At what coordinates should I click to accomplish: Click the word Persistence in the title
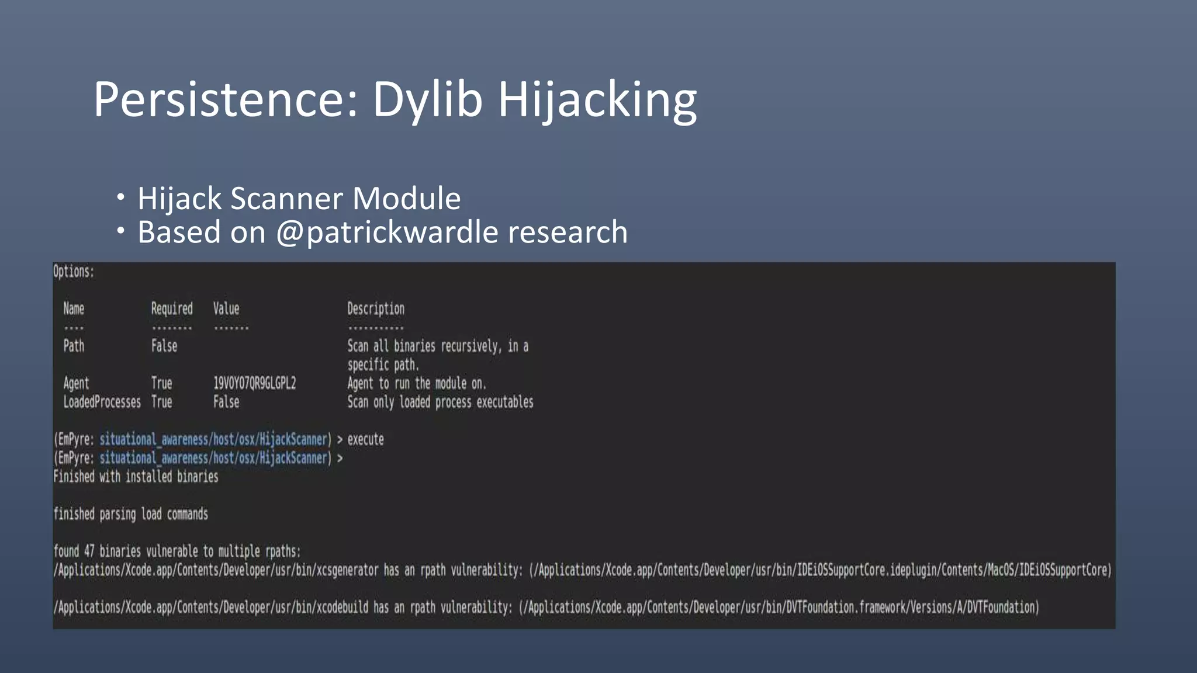[x=226, y=99]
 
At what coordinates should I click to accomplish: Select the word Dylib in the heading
[x=428, y=99]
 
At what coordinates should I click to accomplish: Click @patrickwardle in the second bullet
[x=386, y=233]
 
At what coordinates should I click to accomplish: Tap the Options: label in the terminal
[x=74, y=272]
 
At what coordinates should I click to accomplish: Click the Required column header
[x=172, y=308]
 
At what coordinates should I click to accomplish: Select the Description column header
[x=376, y=308]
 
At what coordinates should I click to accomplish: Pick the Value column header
[x=226, y=308]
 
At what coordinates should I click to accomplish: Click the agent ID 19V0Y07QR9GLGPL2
[x=254, y=383]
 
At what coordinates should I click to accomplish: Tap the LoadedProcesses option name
[x=102, y=402]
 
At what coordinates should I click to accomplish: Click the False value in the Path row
[x=164, y=346]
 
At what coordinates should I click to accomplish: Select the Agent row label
[x=76, y=383]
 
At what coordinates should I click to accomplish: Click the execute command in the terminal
[x=366, y=439]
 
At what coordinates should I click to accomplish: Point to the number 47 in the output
[x=89, y=551]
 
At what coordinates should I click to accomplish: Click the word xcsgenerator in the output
[x=347, y=570]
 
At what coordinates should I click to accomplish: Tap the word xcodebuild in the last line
[x=342, y=607]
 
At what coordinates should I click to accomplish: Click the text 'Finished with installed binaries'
[x=136, y=477]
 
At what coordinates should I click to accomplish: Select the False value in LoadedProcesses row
[x=226, y=402]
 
